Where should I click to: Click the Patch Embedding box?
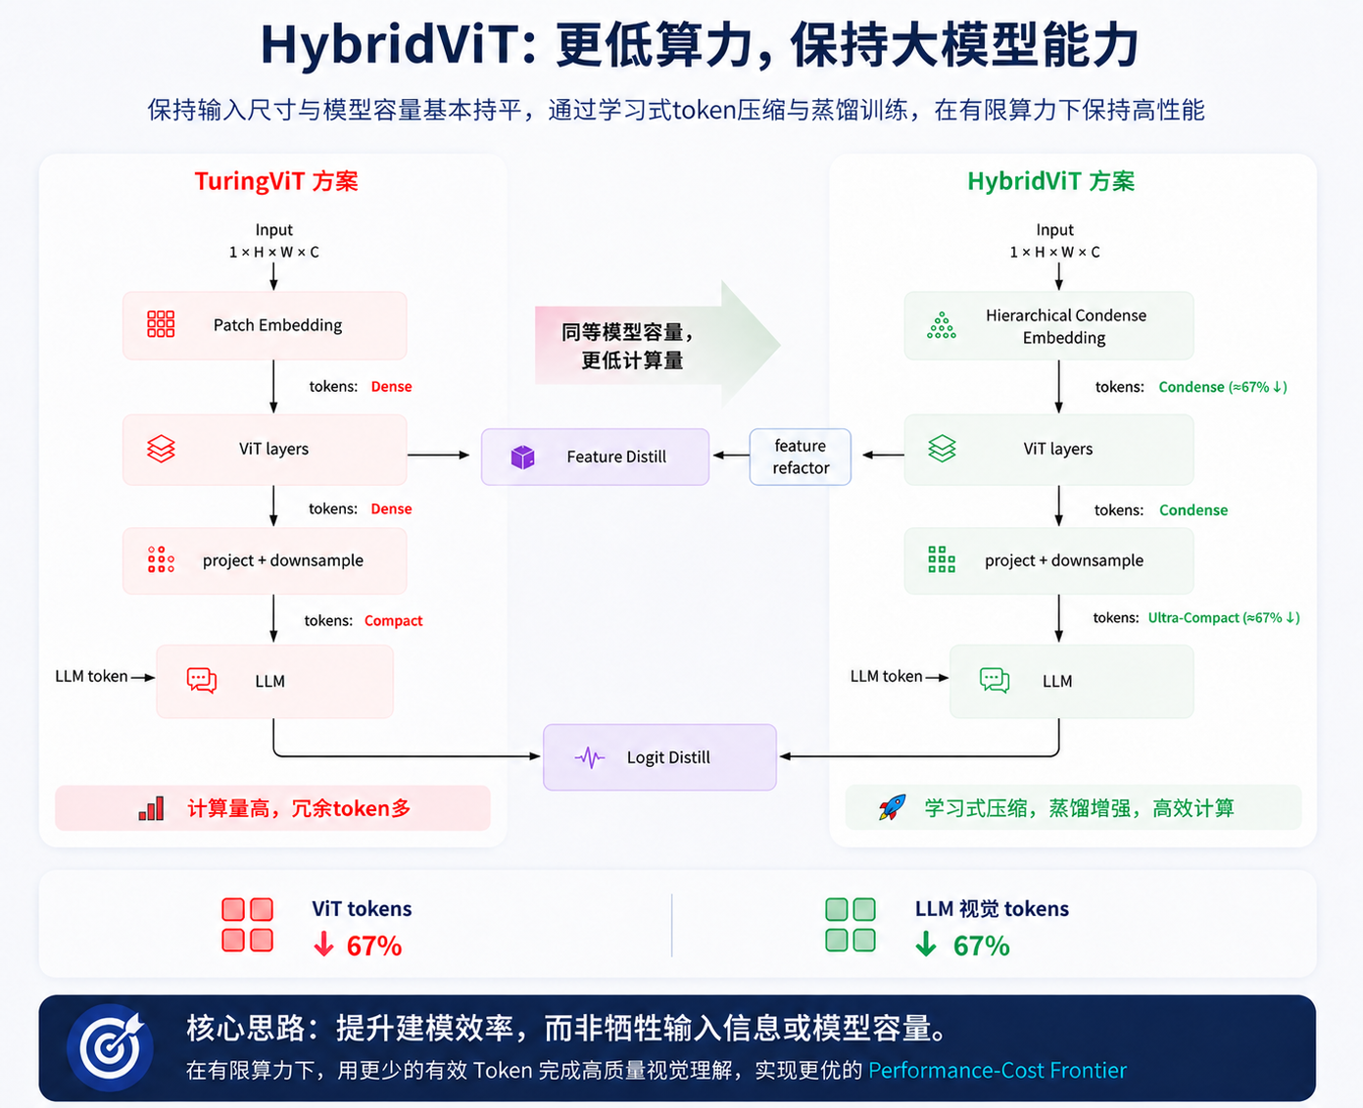coord(265,325)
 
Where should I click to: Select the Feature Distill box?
coord(595,457)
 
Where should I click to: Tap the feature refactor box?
coord(800,457)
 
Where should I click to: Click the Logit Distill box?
coord(659,757)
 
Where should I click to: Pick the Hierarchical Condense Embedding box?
coord(1048,325)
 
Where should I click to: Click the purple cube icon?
coord(523,457)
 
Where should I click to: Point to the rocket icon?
coord(892,807)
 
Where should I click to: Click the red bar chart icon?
coord(152,808)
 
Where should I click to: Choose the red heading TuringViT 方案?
coord(276,181)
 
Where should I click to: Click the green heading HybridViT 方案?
coord(1050,181)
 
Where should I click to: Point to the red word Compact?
coord(394,620)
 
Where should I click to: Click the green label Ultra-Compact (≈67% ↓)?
coord(1224,618)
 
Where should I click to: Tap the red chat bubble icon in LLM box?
coord(202,681)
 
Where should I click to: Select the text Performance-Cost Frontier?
coord(998,1070)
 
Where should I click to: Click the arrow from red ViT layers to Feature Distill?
coord(438,455)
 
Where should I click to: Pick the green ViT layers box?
coord(1048,450)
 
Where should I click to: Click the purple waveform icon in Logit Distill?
coord(589,758)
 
